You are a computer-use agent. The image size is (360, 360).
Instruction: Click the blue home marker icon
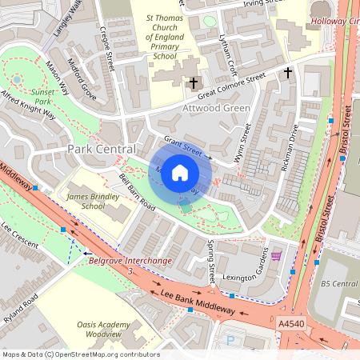click(x=180, y=172)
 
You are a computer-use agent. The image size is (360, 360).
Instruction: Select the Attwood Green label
click(x=217, y=108)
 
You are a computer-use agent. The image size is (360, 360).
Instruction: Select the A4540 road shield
click(x=291, y=323)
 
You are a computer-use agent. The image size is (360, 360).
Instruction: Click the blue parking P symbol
click(x=231, y=341)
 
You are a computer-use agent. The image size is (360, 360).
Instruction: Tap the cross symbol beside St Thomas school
click(x=193, y=82)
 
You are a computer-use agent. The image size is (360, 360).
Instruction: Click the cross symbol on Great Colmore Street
click(x=288, y=73)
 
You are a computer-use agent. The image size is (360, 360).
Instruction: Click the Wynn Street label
click(x=242, y=143)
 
